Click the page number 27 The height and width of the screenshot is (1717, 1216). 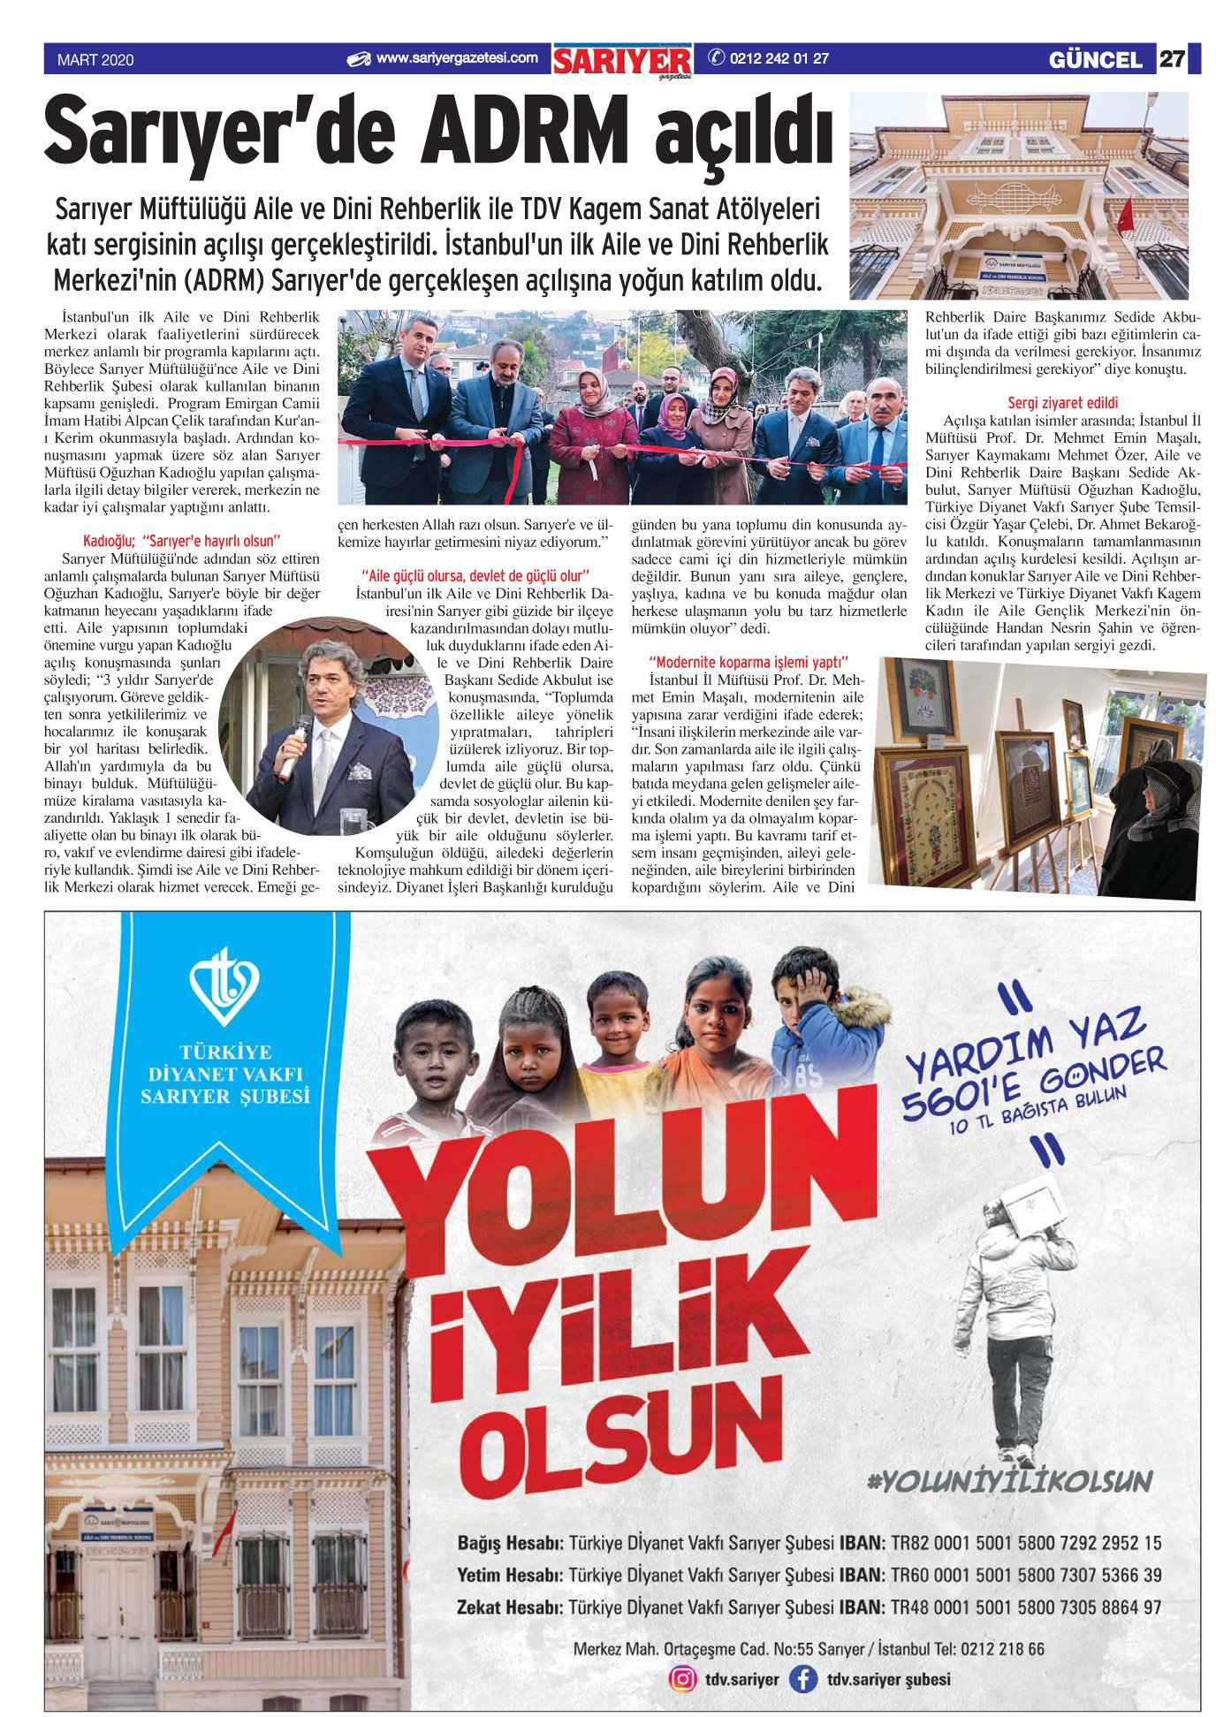[1172, 59]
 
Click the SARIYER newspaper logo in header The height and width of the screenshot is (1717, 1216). [622, 61]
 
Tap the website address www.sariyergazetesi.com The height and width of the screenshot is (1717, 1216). [456, 58]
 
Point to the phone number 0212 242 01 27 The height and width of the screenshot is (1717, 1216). [779, 59]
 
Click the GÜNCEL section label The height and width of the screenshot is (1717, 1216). [1095, 60]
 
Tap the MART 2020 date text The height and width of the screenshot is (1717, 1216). [95, 60]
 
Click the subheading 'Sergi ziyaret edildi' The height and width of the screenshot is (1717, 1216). [1062, 403]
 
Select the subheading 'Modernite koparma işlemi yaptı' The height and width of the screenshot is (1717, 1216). [748, 662]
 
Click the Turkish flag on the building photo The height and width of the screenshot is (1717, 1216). [1124, 216]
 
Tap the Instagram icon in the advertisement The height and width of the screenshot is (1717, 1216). [682, 1678]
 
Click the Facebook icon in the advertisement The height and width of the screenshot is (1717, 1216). [802, 1678]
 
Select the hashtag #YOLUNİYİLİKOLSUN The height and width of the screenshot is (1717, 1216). [1010, 1482]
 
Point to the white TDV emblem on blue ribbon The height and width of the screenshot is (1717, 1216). [224, 986]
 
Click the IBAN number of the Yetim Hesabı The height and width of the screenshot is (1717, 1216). [1026, 1575]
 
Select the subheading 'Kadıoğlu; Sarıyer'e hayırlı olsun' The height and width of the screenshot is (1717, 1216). [182, 541]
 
